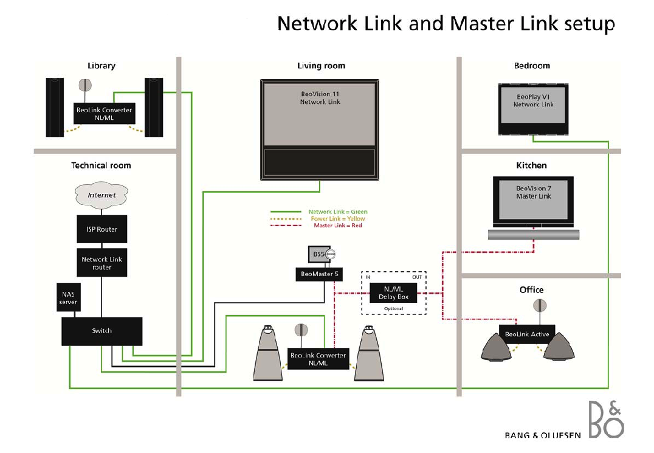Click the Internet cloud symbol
point(102,195)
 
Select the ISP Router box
point(102,229)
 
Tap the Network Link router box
point(102,263)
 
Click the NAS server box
point(68,298)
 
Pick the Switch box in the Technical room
point(102,331)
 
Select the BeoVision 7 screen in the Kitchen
point(533,200)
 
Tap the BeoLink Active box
point(527,334)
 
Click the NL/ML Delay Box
point(394,293)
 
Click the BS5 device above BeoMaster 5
point(318,254)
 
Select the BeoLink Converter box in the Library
point(104,114)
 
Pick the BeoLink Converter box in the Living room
point(318,359)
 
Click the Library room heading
point(102,66)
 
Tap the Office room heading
point(531,290)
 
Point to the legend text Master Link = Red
point(338,226)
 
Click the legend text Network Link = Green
point(338,212)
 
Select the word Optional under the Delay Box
point(394,309)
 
